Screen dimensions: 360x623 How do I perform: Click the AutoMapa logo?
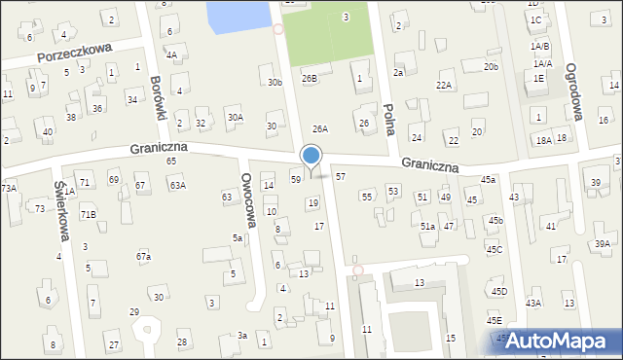[x=560, y=342]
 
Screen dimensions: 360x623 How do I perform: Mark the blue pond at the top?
[x=239, y=14]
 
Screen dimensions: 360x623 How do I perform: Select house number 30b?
[x=275, y=82]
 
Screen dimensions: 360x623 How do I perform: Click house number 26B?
[x=310, y=78]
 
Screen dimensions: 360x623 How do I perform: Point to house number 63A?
[x=177, y=184]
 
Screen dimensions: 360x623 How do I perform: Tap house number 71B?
[x=89, y=214]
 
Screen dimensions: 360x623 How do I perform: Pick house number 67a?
[x=144, y=256]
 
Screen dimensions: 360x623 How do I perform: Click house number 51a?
[x=427, y=226]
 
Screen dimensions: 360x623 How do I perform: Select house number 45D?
[x=499, y=291]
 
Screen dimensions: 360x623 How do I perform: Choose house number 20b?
[x=492, y=66]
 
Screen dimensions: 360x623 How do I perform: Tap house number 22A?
[x=444, y=86]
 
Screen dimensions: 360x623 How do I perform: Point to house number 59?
[x=296, y=179]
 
